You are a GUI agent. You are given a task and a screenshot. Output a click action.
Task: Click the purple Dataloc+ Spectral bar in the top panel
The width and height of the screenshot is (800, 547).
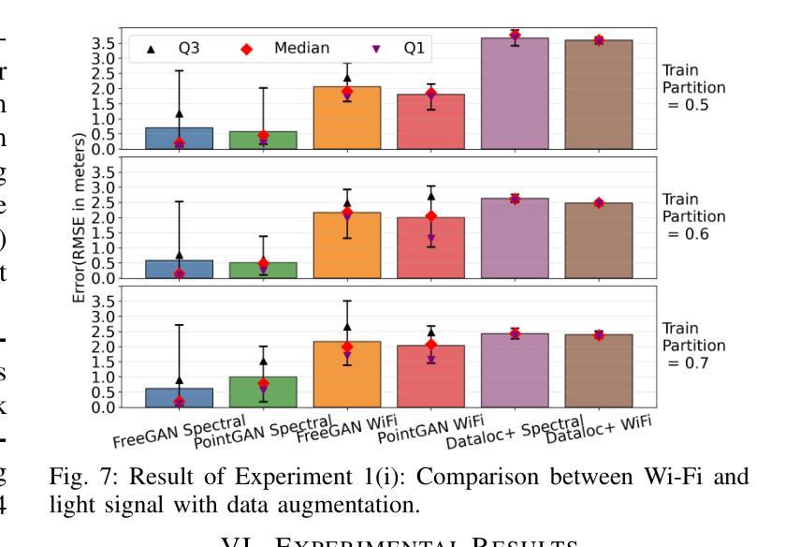click(514, 94)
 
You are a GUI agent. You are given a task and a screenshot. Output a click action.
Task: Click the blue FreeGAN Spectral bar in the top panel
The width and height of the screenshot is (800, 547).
click(179, 138)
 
